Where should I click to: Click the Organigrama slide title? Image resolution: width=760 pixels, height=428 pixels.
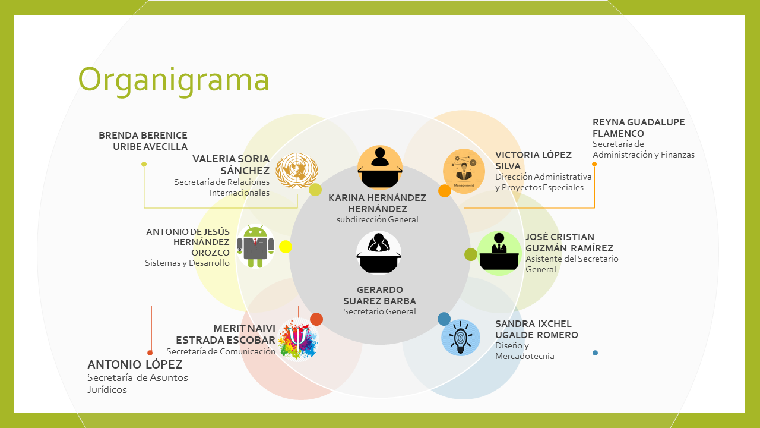tap(173, 80)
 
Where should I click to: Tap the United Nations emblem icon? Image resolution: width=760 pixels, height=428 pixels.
tap(297, 171)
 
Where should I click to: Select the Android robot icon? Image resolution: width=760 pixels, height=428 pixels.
tap(255, 244)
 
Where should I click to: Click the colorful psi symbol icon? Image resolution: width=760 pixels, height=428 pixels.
tap(299, 340)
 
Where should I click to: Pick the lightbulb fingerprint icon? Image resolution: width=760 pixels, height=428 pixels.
tap(460, 337)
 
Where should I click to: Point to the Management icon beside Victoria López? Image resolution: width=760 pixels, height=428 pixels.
tap(464, 171)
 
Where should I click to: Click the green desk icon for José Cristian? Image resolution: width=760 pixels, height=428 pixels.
tap(499, 253)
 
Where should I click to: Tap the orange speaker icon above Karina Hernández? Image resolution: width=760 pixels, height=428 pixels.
tap(380, 166)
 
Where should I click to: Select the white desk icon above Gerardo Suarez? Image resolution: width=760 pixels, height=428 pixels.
tap(379, 253)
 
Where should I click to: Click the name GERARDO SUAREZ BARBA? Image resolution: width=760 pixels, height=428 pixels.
tap(379, 295)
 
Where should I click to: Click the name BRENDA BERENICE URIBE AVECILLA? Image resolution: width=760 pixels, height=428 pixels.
tap(143, 141)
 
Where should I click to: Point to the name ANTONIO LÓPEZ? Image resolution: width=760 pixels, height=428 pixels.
tap(135, 364)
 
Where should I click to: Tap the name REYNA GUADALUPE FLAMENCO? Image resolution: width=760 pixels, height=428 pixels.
tap(638, 128)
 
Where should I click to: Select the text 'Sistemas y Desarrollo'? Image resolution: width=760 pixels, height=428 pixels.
tap(187, 263)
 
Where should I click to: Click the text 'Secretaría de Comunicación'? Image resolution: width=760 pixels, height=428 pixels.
tap(221, 351)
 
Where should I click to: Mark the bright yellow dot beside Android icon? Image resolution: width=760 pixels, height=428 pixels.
tap(286, 247)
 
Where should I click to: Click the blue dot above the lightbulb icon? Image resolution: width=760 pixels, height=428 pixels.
tap(444, 319)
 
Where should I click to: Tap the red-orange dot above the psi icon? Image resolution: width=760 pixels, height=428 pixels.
tap(316, 319)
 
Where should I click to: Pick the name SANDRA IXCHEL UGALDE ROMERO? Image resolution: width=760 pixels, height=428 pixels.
tap(536, 329)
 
